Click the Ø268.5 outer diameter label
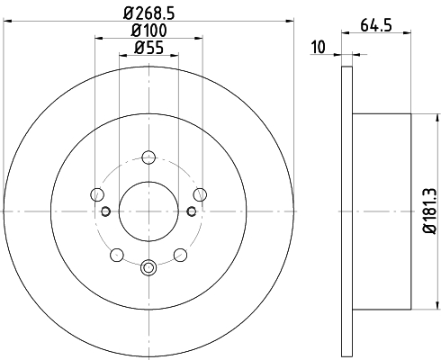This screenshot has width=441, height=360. point(148,13)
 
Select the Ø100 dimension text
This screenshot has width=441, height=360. point(149,31)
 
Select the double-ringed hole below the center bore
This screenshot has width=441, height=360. point(148,265)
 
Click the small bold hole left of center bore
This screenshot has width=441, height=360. point(105,211)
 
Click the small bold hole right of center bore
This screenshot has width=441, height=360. point(192,211)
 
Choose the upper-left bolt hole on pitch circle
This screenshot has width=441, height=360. point(97,193)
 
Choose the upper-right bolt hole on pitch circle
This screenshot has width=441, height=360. point(200,193)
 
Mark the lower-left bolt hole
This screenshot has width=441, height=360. point(117,255)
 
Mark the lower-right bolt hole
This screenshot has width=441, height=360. point(180,255)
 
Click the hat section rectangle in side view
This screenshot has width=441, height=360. point(382,211)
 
